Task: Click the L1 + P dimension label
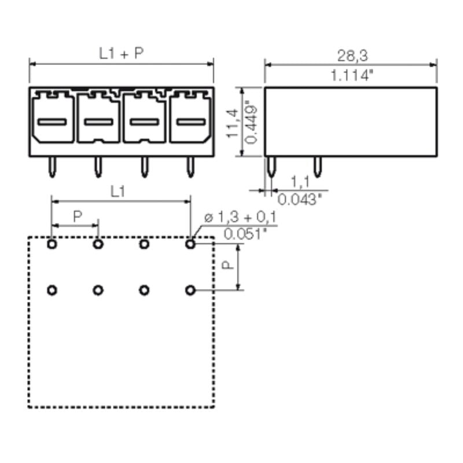click(121, 54)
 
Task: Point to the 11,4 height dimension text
click(233, 121)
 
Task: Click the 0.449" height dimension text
click(251, 121)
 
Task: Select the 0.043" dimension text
click(299, 200)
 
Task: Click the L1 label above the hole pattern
click(118, 192)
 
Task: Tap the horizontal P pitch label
click(76, 216)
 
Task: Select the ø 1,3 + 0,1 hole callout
click(240, 218)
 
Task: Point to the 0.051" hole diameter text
click(245, 234)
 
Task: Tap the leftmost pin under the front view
click(53, 167)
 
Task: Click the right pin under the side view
click(317, 167)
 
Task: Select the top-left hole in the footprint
click(53, 244)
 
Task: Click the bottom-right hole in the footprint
click(190, 290)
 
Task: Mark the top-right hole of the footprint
click(190, 244)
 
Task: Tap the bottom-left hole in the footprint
click(53, 290)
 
